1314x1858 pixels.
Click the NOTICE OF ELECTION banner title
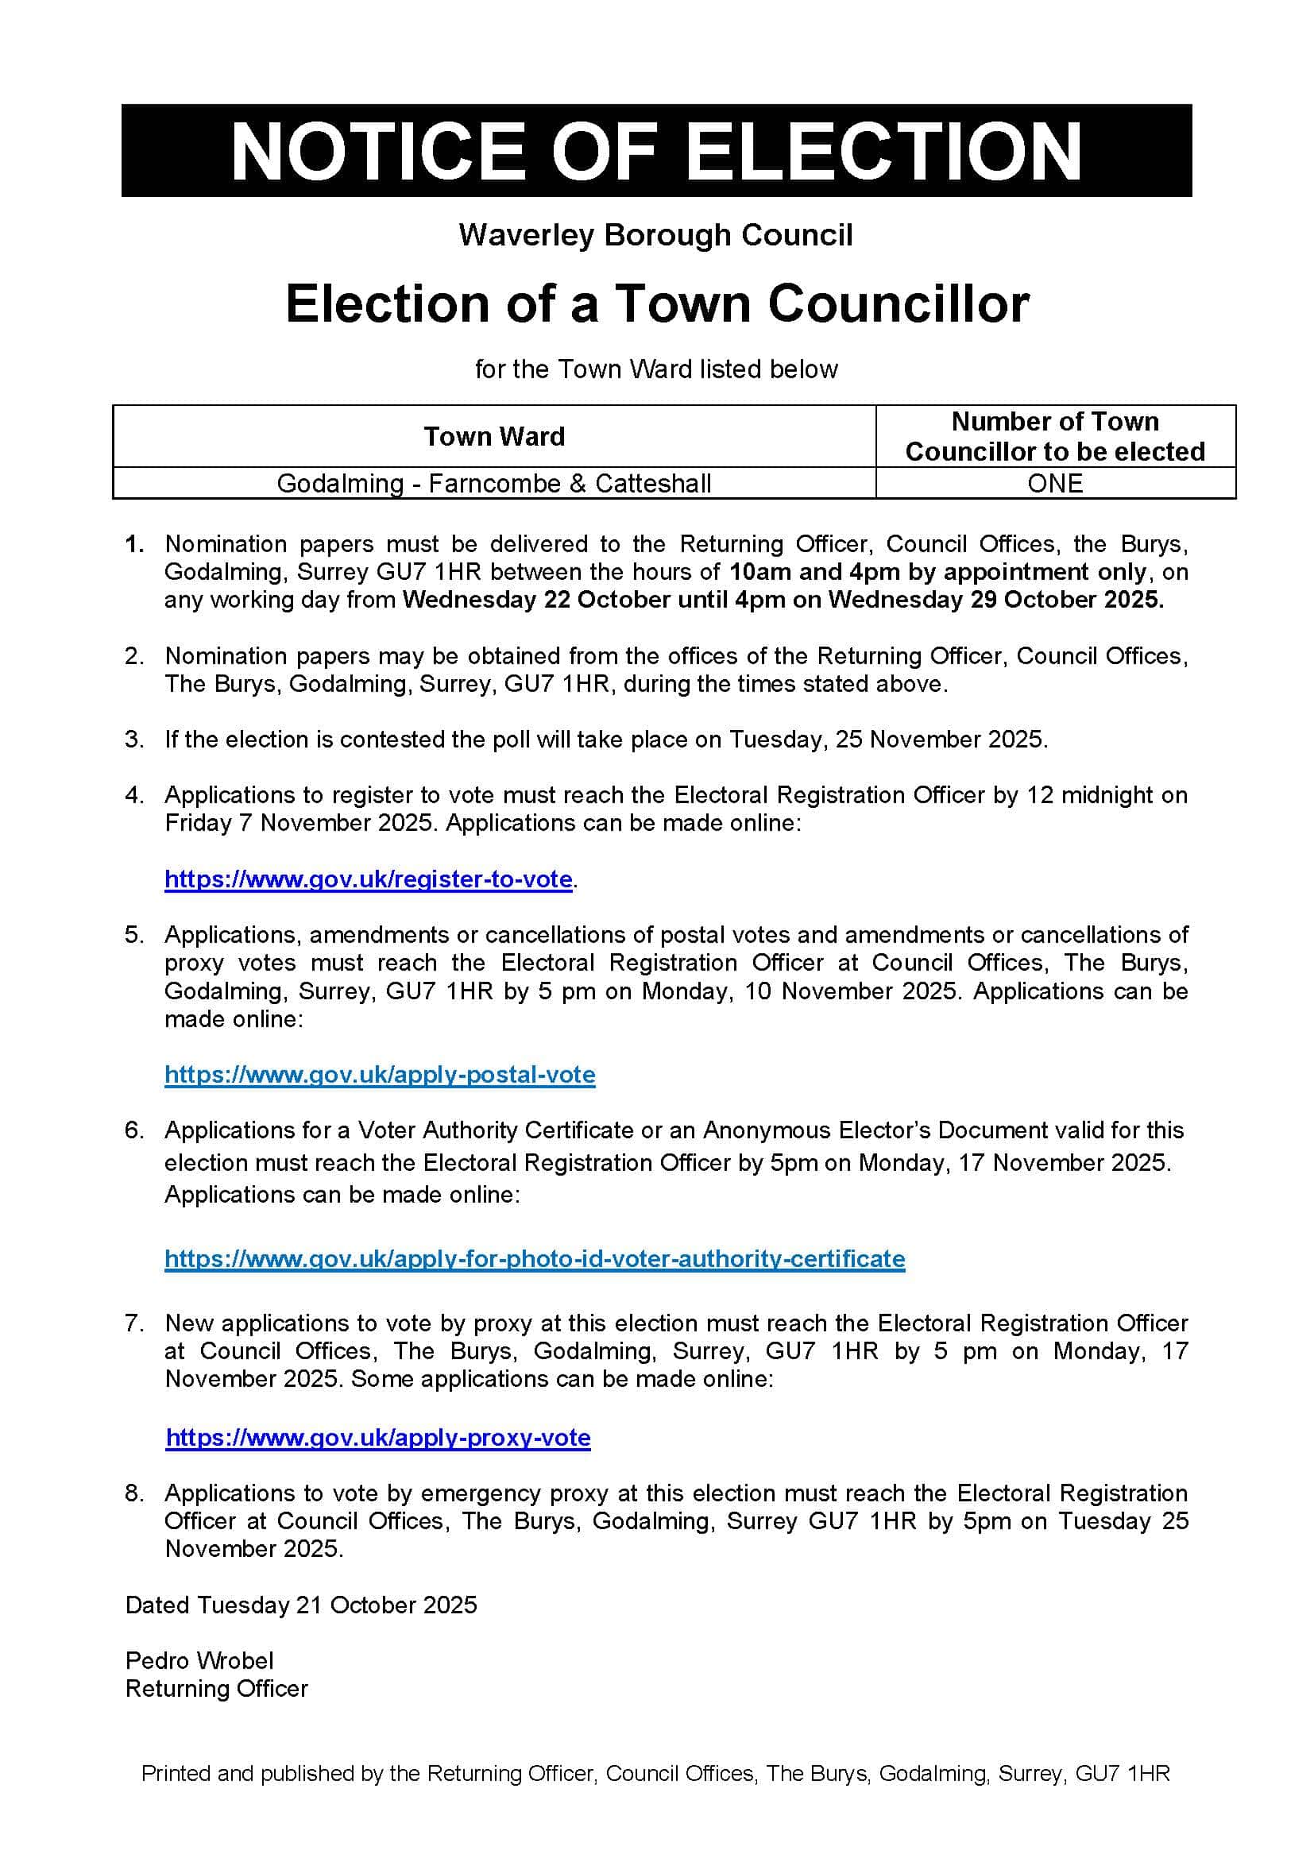tap(656, 150)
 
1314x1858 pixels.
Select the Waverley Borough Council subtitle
tap(655, 235)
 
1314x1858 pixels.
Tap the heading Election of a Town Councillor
tap(657, 304)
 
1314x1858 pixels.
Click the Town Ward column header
tap(493, 437)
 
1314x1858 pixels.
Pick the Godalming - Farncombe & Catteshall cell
tap(493, 484)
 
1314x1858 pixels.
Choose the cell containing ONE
tap(1054, 484)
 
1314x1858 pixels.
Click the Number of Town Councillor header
tap(1054, 436)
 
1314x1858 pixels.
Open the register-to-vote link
tap(368, 879)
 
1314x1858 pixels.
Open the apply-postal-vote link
tap(380, 1075)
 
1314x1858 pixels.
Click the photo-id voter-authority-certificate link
tap(534, 1259)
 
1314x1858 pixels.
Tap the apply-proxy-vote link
tap(378, 1438)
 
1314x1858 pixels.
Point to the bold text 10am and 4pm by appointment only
tap(937, 572)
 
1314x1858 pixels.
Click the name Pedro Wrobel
tap(199, 1661)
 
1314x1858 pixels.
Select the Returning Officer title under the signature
tap(216, 1689)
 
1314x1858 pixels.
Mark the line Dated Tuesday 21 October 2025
tap(301, 1605)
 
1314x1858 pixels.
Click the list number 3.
tap(134, 740)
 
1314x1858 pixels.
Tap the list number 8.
tap(134, 1494)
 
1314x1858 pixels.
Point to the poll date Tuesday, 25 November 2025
tap(887, 740)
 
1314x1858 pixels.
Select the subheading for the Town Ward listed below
tap(655, 370)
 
